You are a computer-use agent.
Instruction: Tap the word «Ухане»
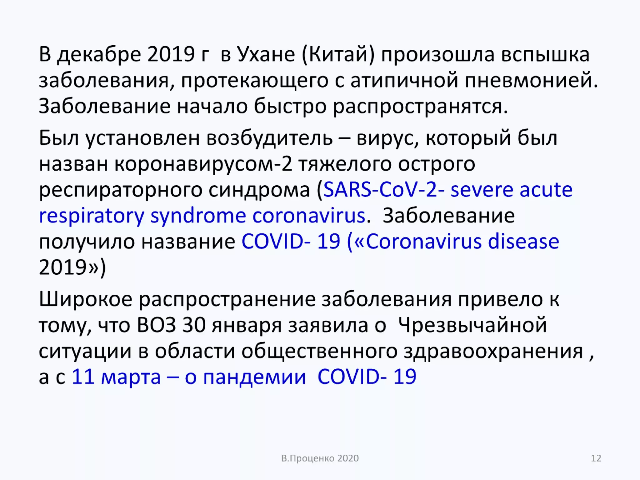(266, 55)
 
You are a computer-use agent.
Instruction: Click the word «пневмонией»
(531, 81)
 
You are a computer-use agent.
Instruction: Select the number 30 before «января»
(194, 325)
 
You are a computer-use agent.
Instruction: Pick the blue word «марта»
(131, 377)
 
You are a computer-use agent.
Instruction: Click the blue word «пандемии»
(254, 377)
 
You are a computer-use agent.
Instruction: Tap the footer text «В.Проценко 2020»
(320, 458)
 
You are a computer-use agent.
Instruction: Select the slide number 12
(596, 458)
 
